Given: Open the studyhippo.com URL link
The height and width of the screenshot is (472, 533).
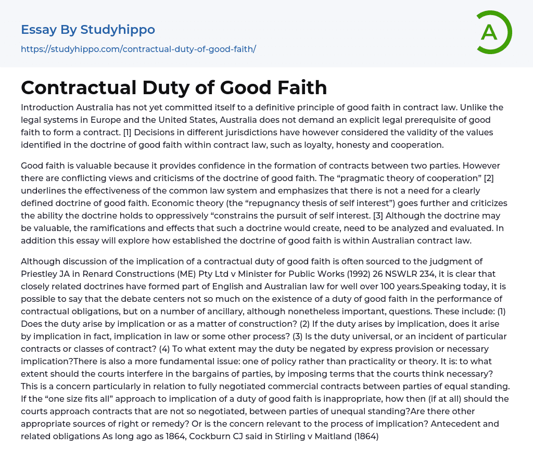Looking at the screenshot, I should pyautogui.click(x=138, y=49).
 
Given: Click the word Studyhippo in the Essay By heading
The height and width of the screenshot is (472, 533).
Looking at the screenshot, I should pyautogui.click(x=118, y=30).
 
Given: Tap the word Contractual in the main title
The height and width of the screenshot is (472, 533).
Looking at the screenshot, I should pyautogui.click(x=72, y=87).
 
